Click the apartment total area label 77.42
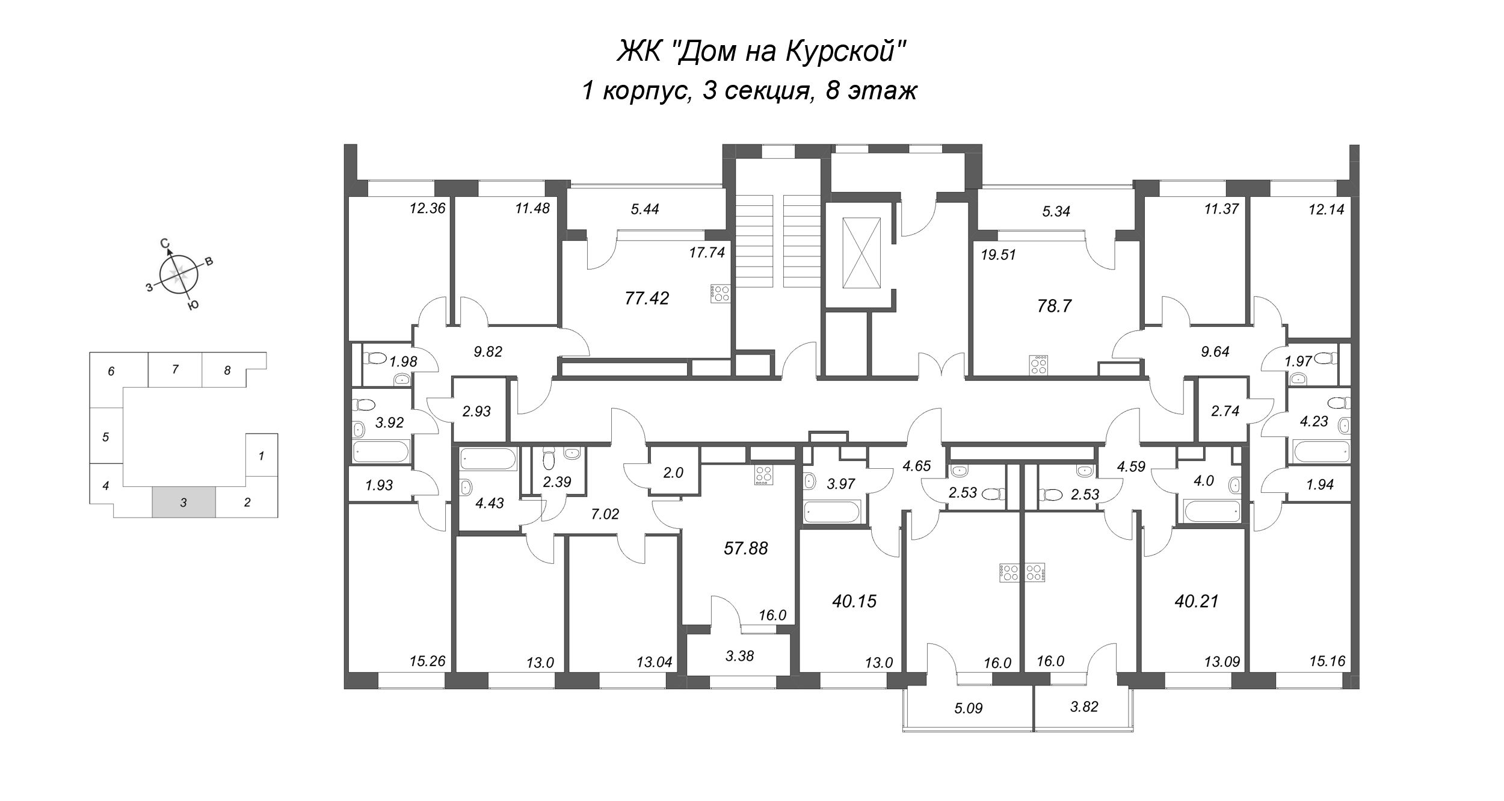(x=647, y=298)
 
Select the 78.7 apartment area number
(x=1055, y=306)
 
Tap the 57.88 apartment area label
(x=746, y=548)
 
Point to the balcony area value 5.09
(x=968, y=708)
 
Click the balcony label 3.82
(x=1084, y=707)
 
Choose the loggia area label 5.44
(x=645, y=209)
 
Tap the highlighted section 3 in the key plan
(x=183, y=502)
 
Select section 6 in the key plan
(x=111, y=371)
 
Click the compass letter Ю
(x=193, y=306)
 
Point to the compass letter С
(x=165, y=243)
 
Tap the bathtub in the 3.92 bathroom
(x=381, y=451)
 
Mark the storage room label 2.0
(x=673, y=473)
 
